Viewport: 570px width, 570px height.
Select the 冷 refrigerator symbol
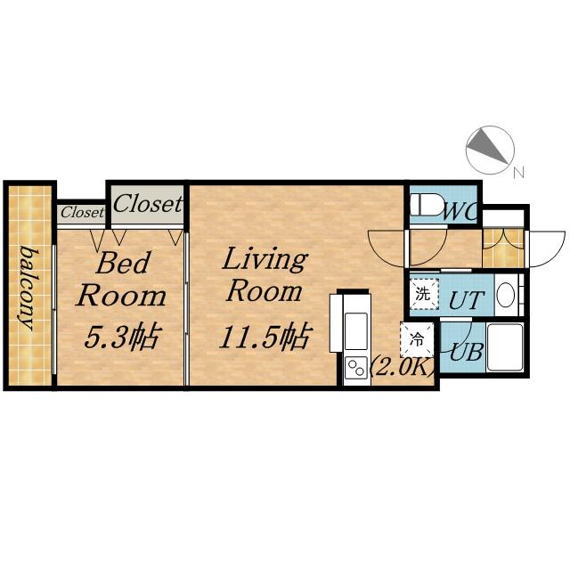point(417,340)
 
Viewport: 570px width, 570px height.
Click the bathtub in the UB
point(505,347)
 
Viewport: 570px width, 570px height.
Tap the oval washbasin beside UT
point(505,295)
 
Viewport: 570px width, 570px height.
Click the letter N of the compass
point(518,172)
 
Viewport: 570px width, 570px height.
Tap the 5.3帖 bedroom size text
point(122,337)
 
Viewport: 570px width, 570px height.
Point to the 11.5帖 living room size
point(265,337)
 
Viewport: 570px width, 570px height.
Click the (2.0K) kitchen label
point(402,369)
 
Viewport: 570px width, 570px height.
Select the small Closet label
point(82,212)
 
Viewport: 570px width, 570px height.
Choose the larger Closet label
point(147,203)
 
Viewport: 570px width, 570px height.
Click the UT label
point(466,300)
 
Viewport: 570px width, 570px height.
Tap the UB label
point(467,352)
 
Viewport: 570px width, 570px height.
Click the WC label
point(460,212)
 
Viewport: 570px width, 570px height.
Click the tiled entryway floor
point(503,248)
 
